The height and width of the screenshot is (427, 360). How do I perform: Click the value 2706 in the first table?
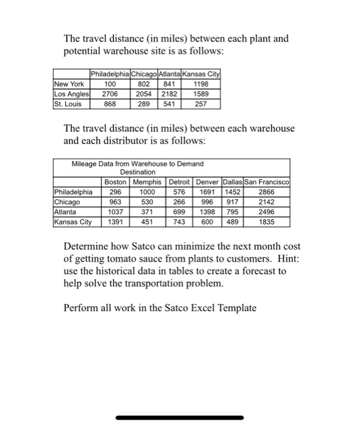(x=110, y=94)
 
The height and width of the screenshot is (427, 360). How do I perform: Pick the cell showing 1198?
(x=200, y=84)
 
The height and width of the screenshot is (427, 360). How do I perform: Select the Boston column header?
(x=115, y=181)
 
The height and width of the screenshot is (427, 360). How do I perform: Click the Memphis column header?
(x=146, y=181)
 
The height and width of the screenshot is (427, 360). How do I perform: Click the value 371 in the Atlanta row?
(x=146, y=211)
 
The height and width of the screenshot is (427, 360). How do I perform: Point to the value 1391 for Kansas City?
(x=115, y=221)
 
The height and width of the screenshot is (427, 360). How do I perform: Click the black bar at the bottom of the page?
(x=179, y=418)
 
